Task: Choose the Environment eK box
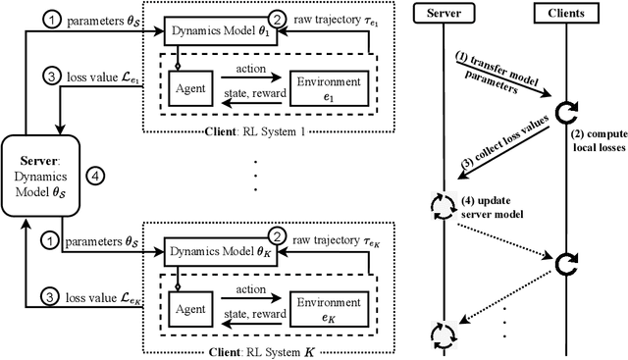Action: (x=330, y=307)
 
